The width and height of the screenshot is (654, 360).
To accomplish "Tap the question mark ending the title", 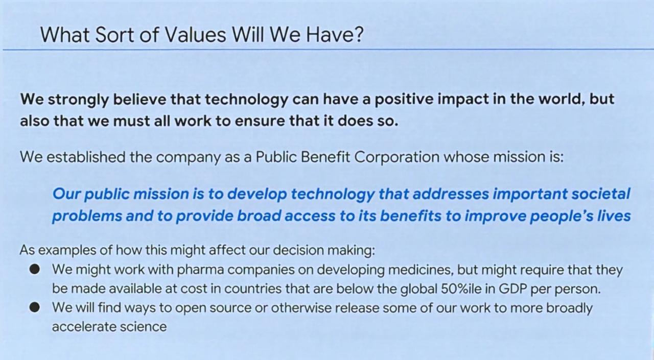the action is click(x=359, y=34).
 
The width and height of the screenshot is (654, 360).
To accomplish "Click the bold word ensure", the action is click(x=260, y=122).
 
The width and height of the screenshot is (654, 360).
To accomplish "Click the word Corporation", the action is click(x=397, y=158).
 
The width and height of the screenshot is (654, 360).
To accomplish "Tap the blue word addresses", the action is click(x=451, y=194).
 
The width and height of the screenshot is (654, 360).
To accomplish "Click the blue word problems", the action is click(x=87, y=217).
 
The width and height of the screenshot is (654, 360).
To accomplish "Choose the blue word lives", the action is click(x=614, y=216).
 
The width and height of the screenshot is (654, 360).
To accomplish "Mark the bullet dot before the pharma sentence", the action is click(x=34, y=269).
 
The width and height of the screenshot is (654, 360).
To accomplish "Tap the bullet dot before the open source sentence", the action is click(x=34, y=307).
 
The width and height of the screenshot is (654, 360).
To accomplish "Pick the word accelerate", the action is click(x=84, y=327).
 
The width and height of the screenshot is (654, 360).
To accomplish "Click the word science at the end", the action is click(x=144, y=327).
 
